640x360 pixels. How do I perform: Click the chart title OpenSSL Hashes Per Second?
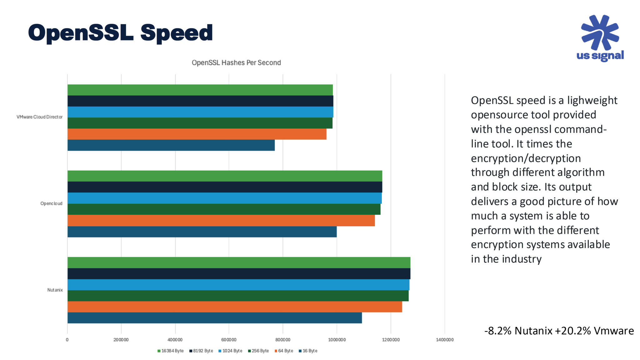click(236, 62)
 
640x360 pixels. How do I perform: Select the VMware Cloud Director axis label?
click(39, 117)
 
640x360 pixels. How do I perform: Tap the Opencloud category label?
click(51, 203)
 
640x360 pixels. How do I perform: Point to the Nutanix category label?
click(55, 290)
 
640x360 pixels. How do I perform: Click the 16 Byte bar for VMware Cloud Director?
click(171, 145)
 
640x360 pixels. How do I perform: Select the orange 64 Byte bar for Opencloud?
click(221, 221)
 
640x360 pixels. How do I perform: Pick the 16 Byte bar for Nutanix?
click(214, 318)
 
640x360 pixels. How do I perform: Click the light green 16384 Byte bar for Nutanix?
click(239, 262)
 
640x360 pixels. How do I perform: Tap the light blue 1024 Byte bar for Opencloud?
click(224, 198)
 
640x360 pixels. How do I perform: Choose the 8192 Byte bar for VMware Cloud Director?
click(200, 101)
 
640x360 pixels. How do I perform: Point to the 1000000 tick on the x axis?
click(337, 340)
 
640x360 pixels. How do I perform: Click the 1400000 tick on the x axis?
click(444, 340)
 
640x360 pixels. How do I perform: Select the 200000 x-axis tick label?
click(121, 340)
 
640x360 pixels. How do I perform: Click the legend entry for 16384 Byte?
click(171, 351)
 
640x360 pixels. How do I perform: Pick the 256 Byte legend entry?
click(258, 351)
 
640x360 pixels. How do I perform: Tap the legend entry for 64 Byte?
click(284, 351)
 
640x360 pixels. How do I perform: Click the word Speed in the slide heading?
click(177, 33)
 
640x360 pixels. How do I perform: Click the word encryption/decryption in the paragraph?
click(526, 158)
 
